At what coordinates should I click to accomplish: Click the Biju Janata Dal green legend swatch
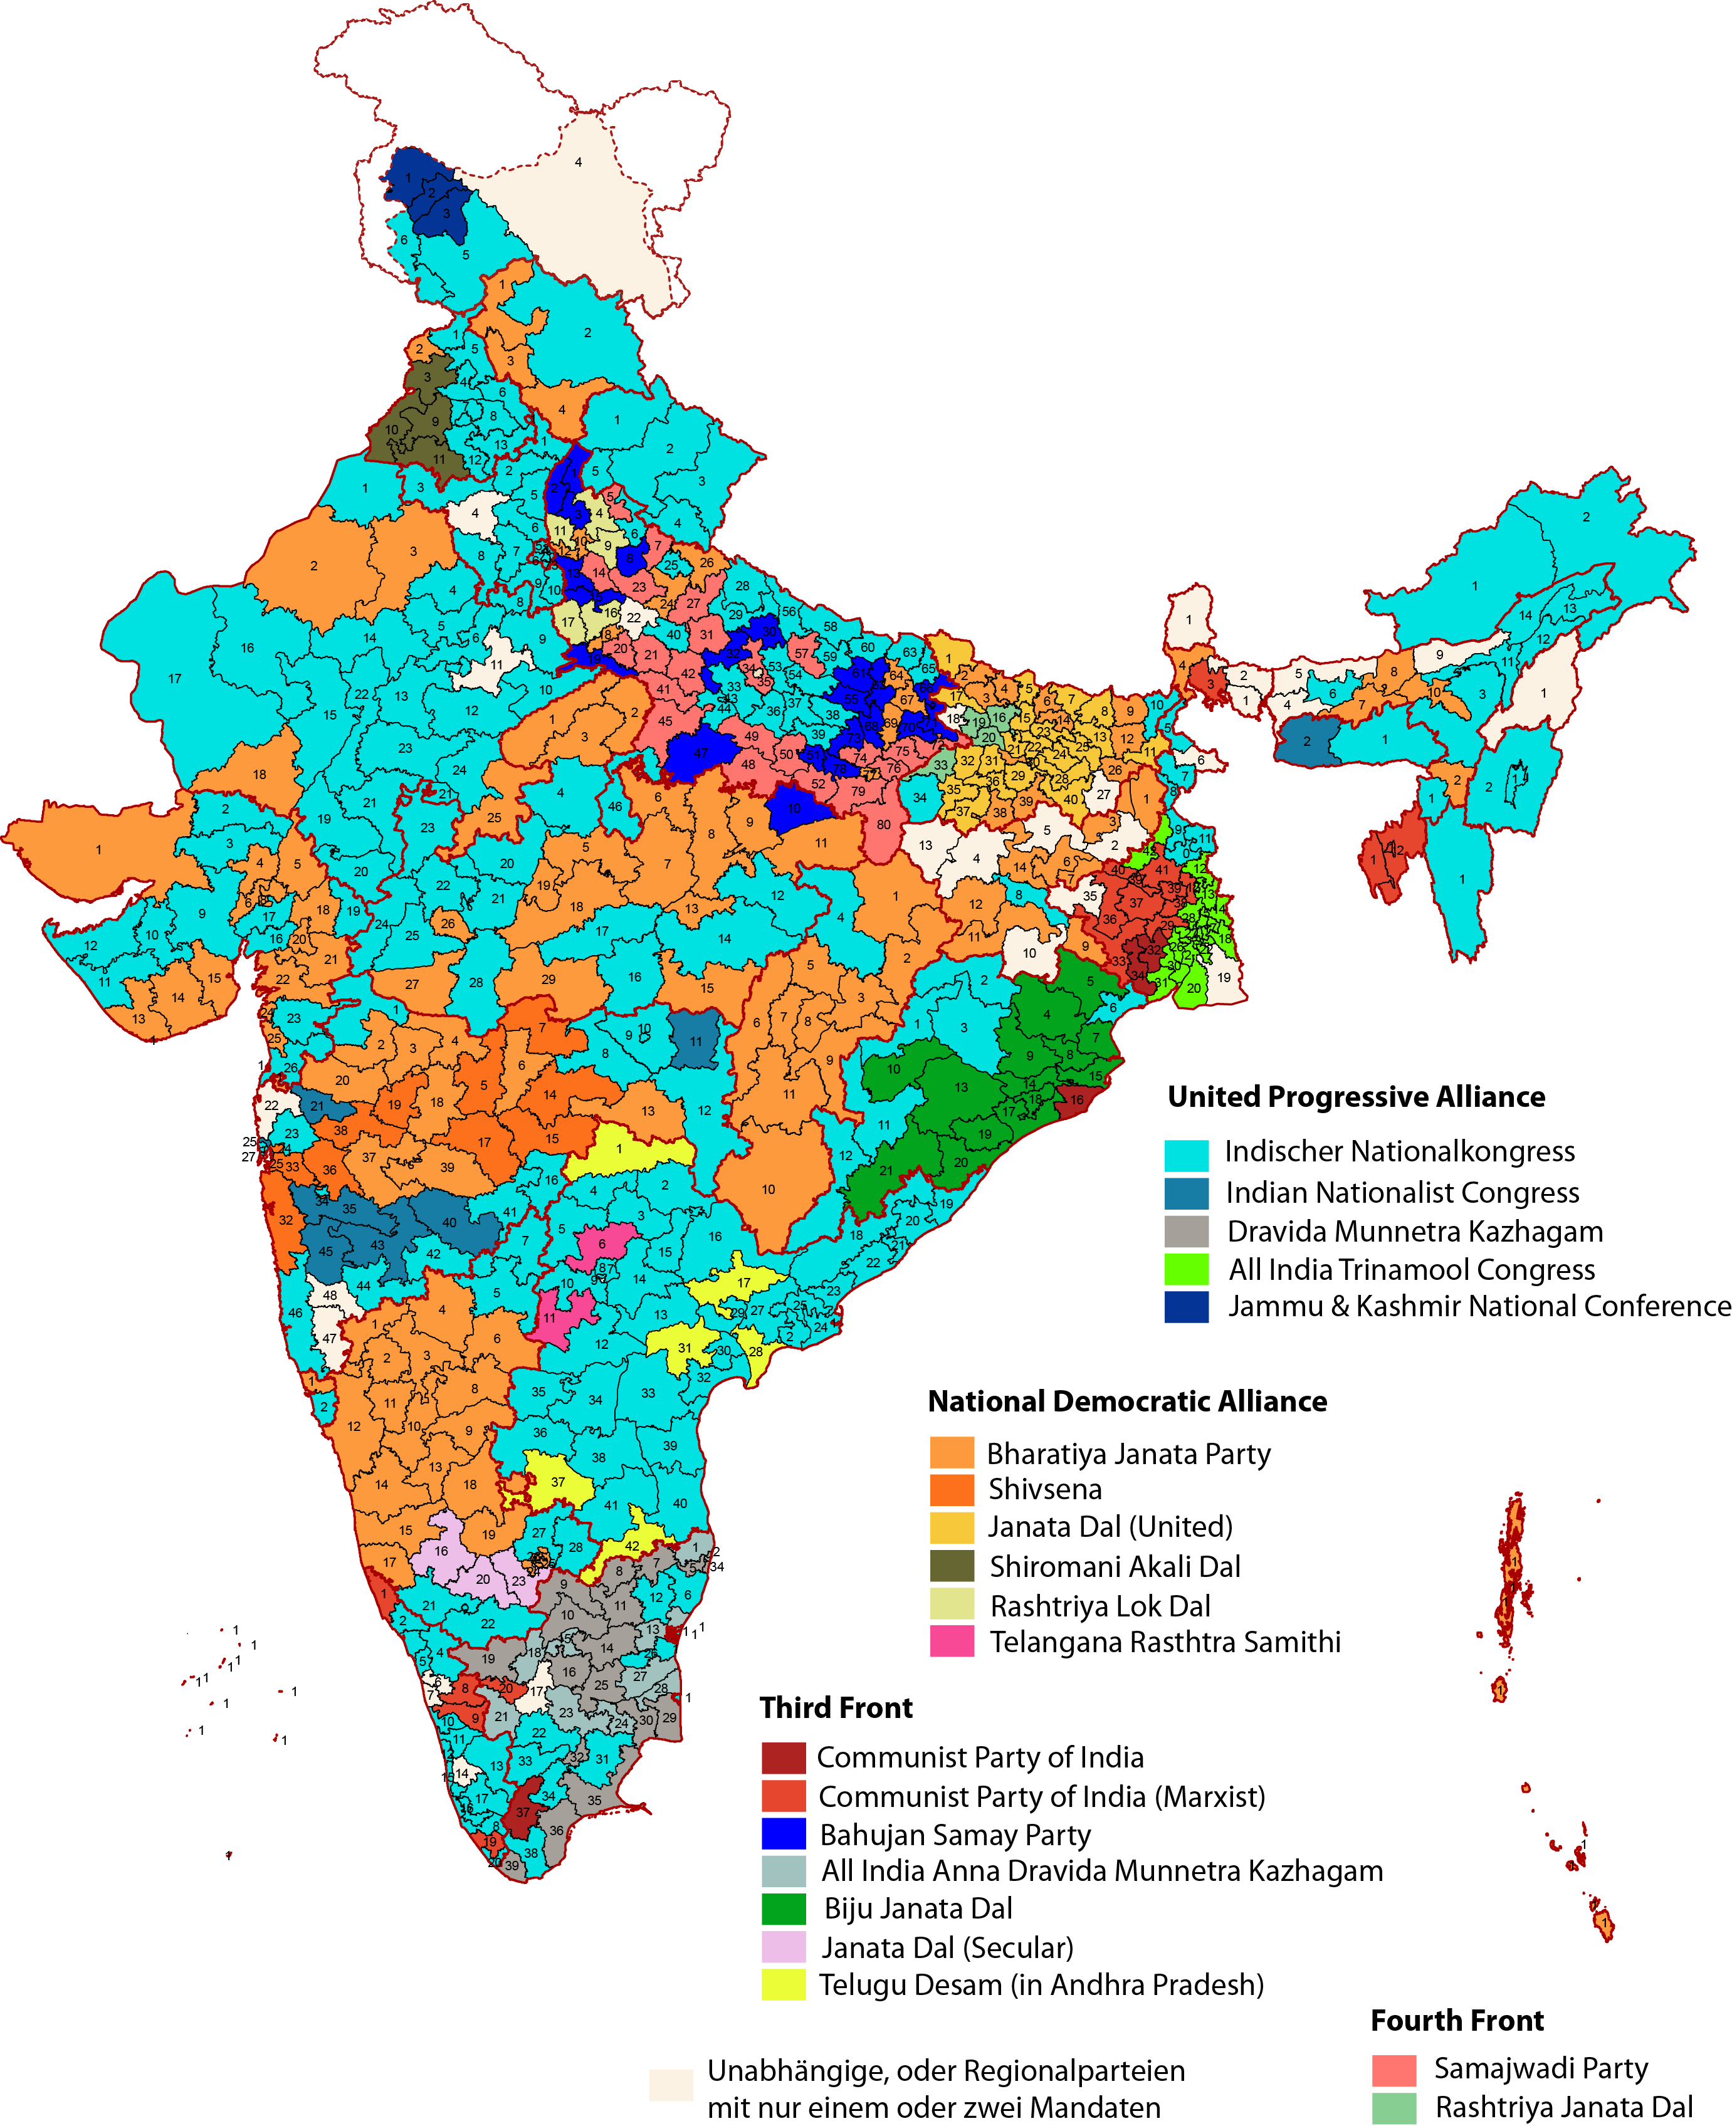click(x=783, y=1909)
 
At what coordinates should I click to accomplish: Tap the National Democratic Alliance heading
click(x=1127, y=1401)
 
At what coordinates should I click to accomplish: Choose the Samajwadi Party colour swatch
click(x=1393, y=2070)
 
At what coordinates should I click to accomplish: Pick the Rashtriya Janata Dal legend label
click(x=1563, y=2107)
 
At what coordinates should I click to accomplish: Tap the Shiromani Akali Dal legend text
click(x=1115, y=1566)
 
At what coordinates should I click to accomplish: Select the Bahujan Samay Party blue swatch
click(x=783, y=1834)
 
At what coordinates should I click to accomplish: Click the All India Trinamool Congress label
click(x=1411, y=1269)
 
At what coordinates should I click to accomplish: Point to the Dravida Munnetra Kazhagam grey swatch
click(x=1186, y=1231)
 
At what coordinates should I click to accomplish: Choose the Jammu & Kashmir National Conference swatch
click(x=1186, y=1307)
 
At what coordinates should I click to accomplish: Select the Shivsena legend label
click(x=1044, y=1489)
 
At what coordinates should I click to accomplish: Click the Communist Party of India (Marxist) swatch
click(x=783, y=1796)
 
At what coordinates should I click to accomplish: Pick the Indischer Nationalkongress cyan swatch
click(x=1186, y=1155)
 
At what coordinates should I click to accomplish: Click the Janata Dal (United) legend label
click(x=1110, y=1527)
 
